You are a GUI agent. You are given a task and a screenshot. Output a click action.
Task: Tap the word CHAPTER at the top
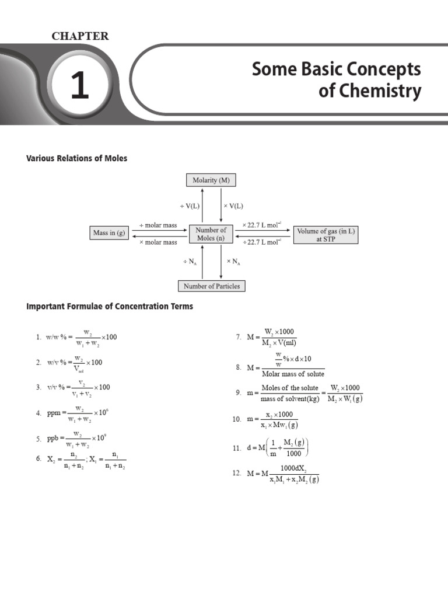click(x=80, y=36)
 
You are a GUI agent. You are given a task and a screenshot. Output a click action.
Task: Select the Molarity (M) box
click(x=211, y=180)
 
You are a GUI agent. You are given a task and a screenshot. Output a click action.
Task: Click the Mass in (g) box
click(x=109, y=234)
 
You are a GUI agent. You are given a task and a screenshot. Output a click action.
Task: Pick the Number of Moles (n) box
click(x=211, y=234)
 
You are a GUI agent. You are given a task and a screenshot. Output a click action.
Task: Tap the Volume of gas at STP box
click(x=325, y=235)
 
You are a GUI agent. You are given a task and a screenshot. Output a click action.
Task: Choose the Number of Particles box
click(x=211, y=286)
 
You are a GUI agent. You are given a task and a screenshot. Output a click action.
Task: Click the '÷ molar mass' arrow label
click(x=158, y=225)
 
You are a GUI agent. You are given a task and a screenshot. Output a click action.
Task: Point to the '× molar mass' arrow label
click(x=158, y=242)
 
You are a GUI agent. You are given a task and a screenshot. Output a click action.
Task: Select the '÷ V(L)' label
click(x=190, y=206)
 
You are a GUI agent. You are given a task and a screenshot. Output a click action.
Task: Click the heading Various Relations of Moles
click(x=76, y=158)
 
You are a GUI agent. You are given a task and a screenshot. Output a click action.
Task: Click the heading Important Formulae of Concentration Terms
click(x=110, y=306)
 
